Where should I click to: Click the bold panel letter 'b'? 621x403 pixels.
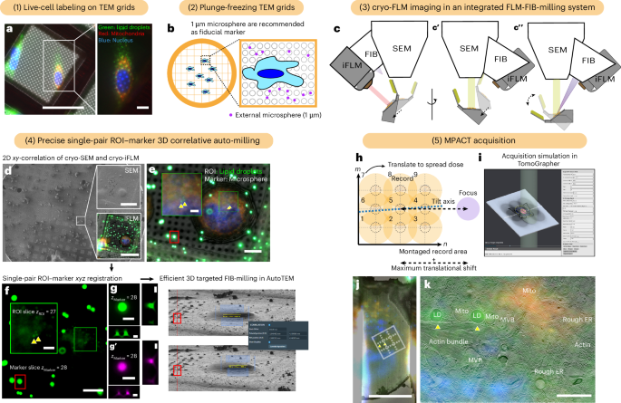pos(169,29)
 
